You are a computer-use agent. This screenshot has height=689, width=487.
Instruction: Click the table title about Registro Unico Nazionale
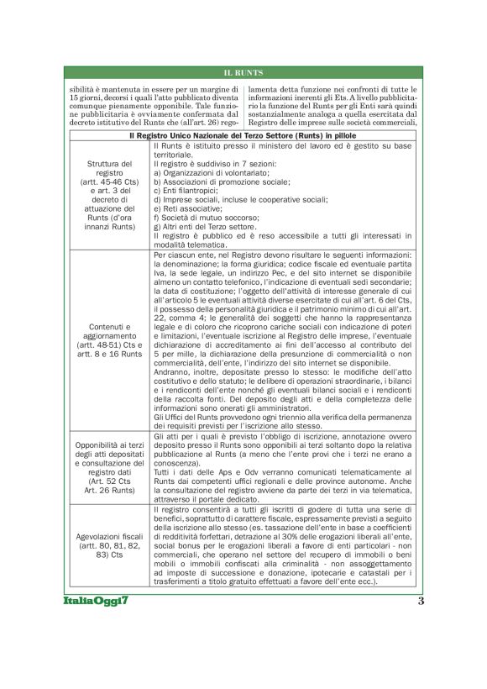coord(243,135)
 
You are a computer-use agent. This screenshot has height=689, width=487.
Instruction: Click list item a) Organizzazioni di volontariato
coord(219,176)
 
